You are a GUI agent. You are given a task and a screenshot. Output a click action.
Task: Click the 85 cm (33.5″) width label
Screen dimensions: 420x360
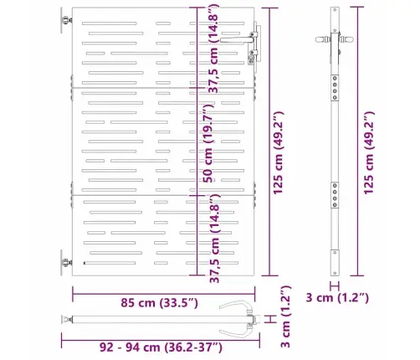[159, 302]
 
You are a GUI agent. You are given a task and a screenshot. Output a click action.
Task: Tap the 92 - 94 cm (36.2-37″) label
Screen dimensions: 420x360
[161, 347]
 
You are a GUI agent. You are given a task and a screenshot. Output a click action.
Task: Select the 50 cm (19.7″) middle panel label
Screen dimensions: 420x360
[208, 143]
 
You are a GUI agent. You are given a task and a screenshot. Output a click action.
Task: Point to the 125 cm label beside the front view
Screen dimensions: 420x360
[278, 153]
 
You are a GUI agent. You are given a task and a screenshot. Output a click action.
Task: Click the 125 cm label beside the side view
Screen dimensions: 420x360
[368, 153]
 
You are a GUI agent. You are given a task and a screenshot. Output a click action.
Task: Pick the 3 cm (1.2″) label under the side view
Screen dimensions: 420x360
[337, 297]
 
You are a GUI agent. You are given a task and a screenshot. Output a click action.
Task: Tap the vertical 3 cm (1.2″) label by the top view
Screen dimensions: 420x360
[285, 316]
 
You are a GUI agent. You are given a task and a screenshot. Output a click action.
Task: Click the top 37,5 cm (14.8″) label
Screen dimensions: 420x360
[214, 49]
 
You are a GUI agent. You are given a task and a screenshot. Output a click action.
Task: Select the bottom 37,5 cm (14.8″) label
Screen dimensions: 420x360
[215, 238]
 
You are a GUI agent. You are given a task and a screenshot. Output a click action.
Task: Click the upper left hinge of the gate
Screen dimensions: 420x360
[66, 20]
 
